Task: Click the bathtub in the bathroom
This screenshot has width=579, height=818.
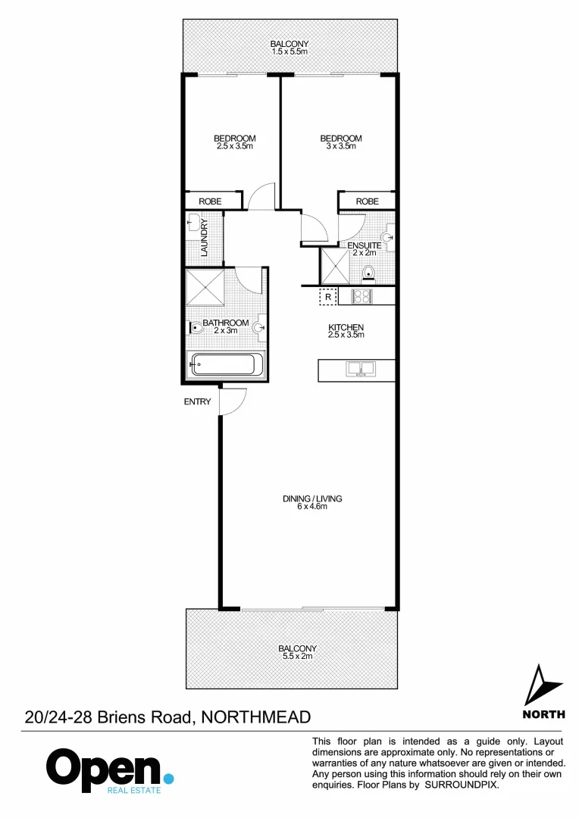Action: click(x=226, y=365)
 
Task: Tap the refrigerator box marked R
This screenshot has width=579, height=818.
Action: click(x=328, y=297)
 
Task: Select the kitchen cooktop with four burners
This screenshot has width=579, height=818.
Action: click(x=360, y=296)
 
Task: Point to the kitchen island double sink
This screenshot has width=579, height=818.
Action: click(x=360, y=370)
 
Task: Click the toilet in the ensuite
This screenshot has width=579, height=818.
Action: click(x=369, y=273)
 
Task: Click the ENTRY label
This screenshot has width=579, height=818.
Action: click(x=197, y=402)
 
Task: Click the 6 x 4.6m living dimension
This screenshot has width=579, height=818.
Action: click(x=312, y=507)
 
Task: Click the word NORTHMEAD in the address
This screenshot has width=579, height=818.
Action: click(x=257, y=717)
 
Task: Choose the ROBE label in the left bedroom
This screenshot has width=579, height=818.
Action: click(x=210, y=201)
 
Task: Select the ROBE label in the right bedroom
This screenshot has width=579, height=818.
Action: click(x=367, y=201)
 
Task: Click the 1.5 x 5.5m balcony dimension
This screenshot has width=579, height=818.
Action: click(x=289, y=52)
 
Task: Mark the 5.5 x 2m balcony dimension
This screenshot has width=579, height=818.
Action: click(x=297, y=657)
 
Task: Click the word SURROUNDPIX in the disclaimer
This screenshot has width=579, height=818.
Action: click(x=462, y=785)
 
